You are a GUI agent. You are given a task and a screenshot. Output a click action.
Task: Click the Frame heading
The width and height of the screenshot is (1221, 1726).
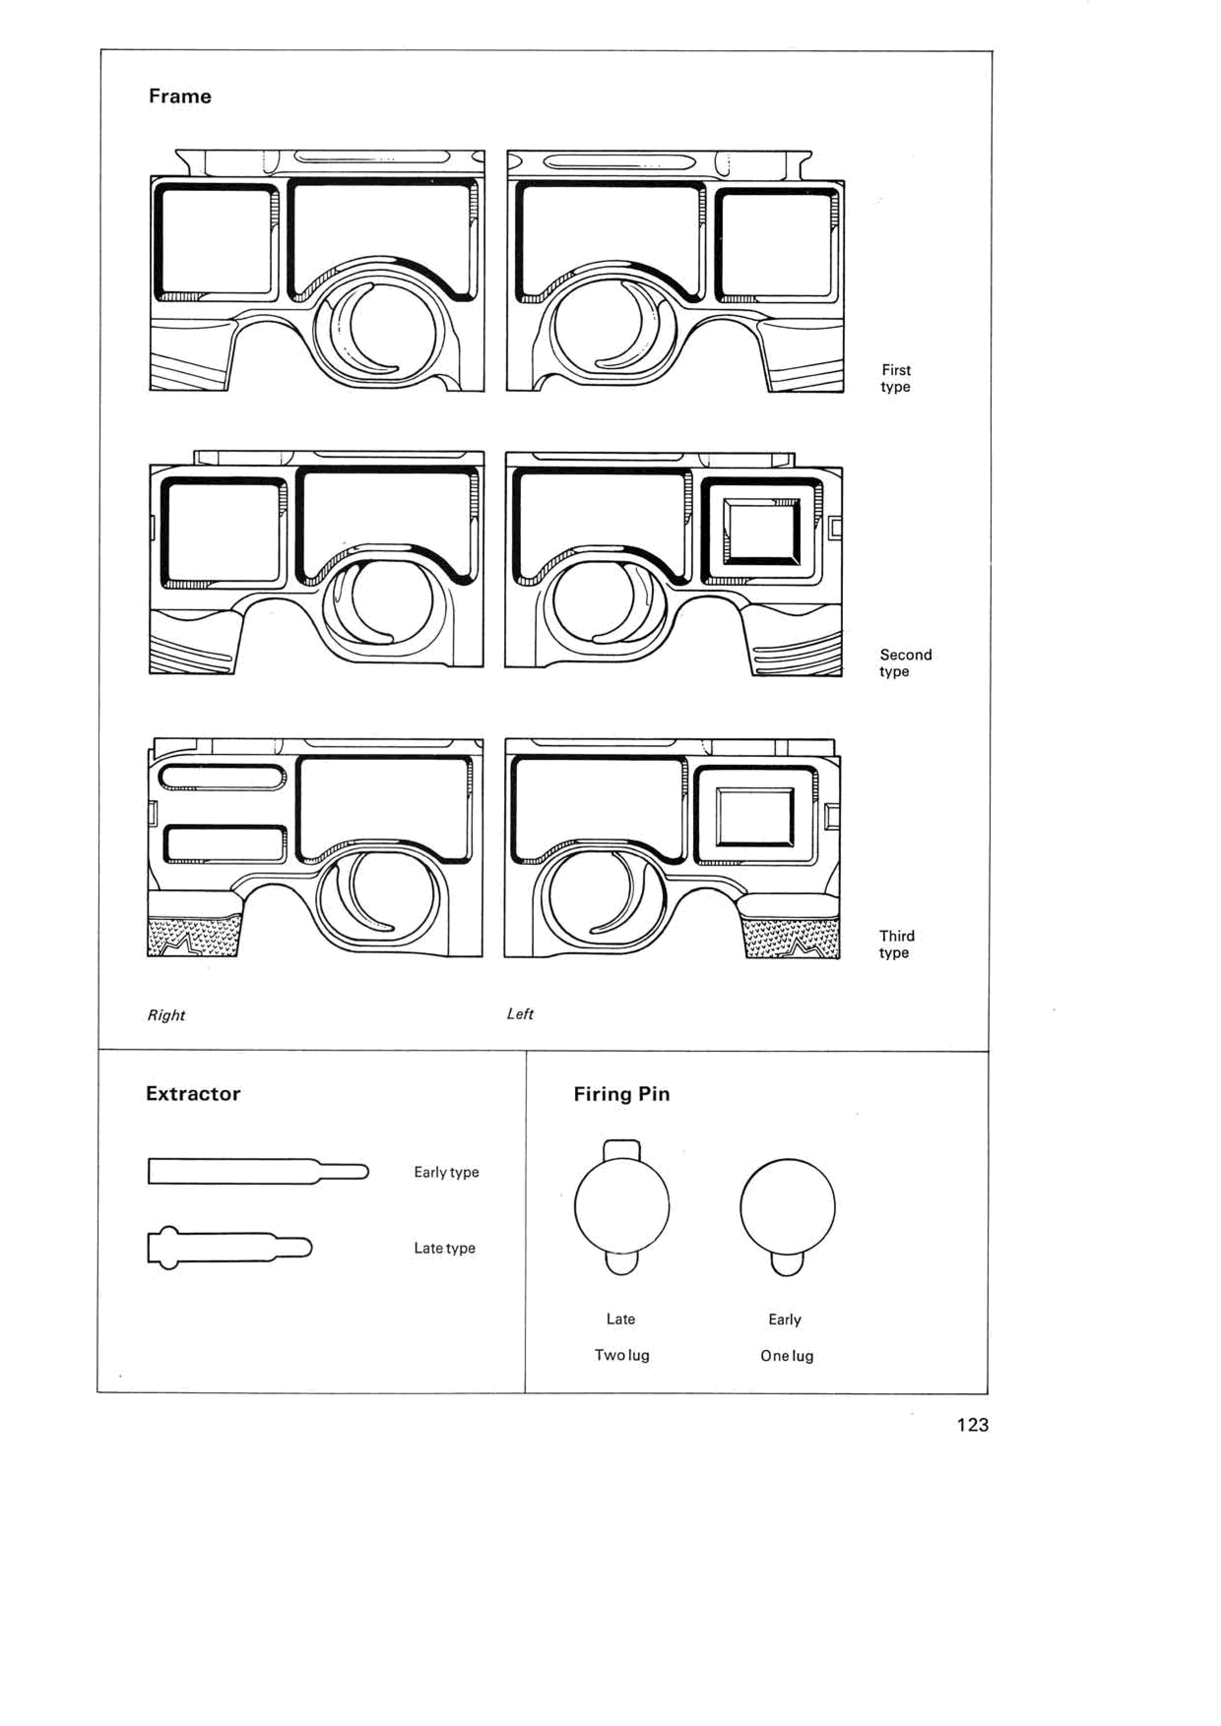pos(180,96)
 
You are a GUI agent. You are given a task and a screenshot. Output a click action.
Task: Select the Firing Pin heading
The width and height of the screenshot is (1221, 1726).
pos(621,1095)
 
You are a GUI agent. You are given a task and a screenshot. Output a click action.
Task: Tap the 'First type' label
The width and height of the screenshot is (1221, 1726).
pos(896,378)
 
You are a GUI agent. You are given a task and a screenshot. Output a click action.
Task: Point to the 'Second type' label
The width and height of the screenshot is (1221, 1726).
pos(905,663)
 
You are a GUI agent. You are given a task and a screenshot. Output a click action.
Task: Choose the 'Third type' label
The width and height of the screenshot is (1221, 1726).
pos(896,944)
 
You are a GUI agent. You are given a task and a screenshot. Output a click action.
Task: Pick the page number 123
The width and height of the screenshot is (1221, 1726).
pos(972,1424)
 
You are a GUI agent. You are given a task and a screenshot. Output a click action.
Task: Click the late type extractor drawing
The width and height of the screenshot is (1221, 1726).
pos(229,1248)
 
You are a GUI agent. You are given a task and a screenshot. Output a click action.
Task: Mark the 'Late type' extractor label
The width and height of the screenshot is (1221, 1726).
pos(445,1248)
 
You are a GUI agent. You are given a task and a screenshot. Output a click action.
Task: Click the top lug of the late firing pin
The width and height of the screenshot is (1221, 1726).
pos(622,1149)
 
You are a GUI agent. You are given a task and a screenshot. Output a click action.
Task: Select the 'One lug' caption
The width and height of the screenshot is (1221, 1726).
pos(786,1355)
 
